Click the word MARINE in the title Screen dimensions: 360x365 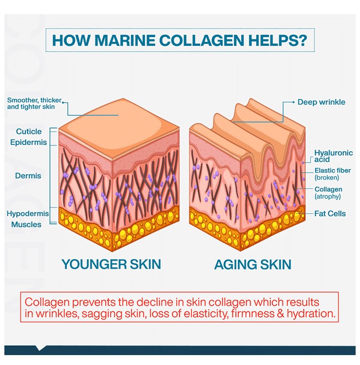click(x=125, y=40)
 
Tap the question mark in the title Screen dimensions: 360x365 click(x=303, y=40)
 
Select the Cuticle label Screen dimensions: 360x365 click(x=29, y=131)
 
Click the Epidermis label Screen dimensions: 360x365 click(x=28, y=142)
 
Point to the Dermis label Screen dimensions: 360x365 click(x=28, y=176)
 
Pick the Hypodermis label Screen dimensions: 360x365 click(x=28, y=213)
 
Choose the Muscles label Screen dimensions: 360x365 click(x=26, y=224)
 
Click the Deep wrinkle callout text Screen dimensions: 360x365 click(x=321, y=102)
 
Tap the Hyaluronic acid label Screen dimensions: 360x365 click(x=333, y=156)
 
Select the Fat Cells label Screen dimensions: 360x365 click(x=330, y=213)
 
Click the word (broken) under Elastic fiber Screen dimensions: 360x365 click(x=327, y=178)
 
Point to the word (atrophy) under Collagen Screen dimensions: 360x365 click(x=328, y=197)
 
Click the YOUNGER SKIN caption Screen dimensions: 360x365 click(x=111, y=264)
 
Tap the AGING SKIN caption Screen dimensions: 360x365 click(x=253, y=264)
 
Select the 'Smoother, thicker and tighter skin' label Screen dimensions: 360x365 click(x=34, y=103)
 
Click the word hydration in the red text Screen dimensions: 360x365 click(x=311, y=313)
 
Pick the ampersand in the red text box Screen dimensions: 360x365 click(x=281, y=313)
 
